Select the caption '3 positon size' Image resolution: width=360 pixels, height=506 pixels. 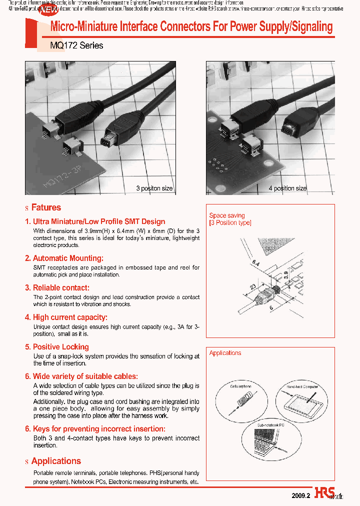tap(154, 188)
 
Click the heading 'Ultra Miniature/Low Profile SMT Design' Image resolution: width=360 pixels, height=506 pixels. tap(98, 221)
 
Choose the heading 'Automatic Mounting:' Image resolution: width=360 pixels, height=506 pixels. tap(68, 258)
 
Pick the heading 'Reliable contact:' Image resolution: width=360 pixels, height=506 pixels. tap(61, 288)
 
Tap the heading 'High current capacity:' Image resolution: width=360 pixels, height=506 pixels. tap(70, 317)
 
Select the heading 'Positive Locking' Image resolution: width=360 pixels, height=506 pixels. tap(60, 347)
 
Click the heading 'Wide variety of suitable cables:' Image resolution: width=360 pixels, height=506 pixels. tap(85, 376)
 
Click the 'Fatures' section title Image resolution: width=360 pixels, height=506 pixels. tap(45, 207)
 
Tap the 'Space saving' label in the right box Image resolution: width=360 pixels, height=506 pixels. tap(226, 215)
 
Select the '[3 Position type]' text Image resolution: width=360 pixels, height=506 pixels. tap(230, 223)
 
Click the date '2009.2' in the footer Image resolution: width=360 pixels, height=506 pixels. tap(301, 495)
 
